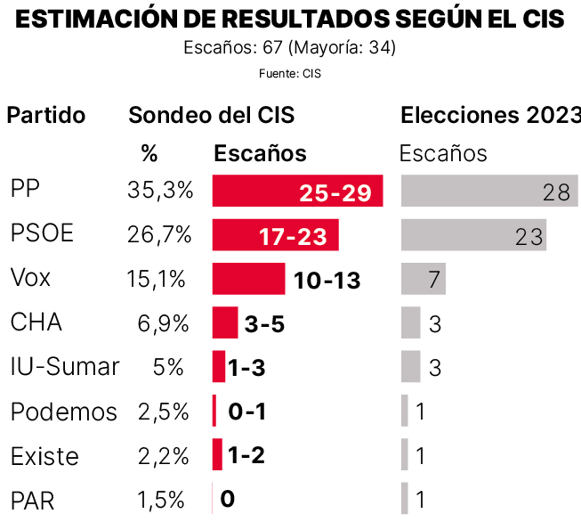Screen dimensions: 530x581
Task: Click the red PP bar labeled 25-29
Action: tap(297, 192)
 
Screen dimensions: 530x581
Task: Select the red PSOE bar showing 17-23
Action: tap(275, 235)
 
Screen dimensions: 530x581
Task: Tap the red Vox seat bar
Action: tap(248, 279)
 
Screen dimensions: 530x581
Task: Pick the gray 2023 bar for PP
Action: tap(488, 192)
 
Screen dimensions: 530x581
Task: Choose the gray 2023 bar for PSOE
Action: tap(473, 235)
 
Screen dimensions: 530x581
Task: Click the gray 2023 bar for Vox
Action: tap(423, 279)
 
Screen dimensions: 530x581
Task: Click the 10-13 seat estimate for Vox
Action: tap(327, 280)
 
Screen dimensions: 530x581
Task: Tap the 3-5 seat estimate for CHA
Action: tap(264, 323)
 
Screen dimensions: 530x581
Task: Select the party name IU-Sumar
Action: tap(64, 367)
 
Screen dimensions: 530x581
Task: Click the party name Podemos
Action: tap(63, 412)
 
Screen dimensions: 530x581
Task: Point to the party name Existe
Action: tap(44, 456)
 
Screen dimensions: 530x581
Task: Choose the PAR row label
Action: tap(33, 501)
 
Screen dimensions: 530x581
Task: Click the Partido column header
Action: tap(46, 115)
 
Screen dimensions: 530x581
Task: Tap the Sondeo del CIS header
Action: tap(211, 115)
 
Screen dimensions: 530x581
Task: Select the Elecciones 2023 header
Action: tap(490, 115)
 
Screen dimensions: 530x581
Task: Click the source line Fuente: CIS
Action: tap(290, 74)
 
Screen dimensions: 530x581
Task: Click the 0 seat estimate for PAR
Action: tap(227, 499)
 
